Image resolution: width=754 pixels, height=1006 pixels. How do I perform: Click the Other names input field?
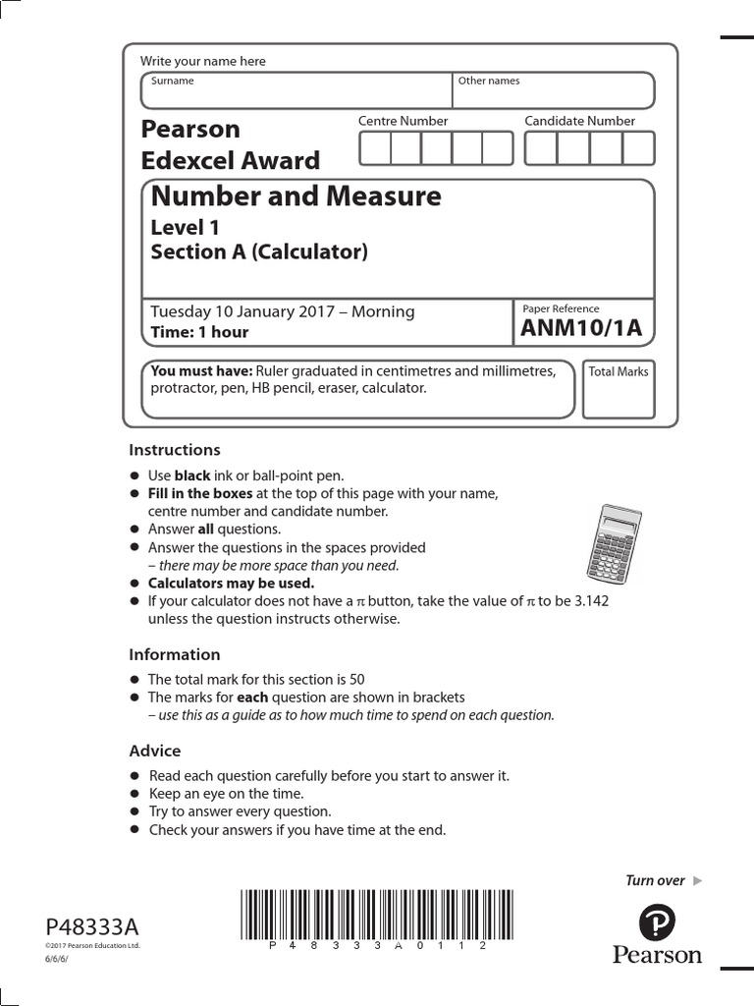554,91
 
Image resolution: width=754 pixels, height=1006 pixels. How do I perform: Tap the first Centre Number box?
375,148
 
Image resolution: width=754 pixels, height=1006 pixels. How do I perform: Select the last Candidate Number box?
638,148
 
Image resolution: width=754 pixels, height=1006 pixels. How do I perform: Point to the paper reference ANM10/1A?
581,329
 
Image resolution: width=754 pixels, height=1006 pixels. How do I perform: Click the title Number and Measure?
296,196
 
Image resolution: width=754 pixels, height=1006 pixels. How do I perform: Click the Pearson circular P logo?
657,923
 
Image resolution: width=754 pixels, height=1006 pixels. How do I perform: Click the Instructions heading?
175,450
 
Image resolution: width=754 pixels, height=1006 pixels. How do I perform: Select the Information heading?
175,654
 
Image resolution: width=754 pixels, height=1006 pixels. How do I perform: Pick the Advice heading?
155,751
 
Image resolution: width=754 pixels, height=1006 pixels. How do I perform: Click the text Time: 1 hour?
199,332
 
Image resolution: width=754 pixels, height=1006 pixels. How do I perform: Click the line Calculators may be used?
231,583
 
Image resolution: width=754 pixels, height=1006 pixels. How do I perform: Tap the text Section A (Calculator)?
259,251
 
